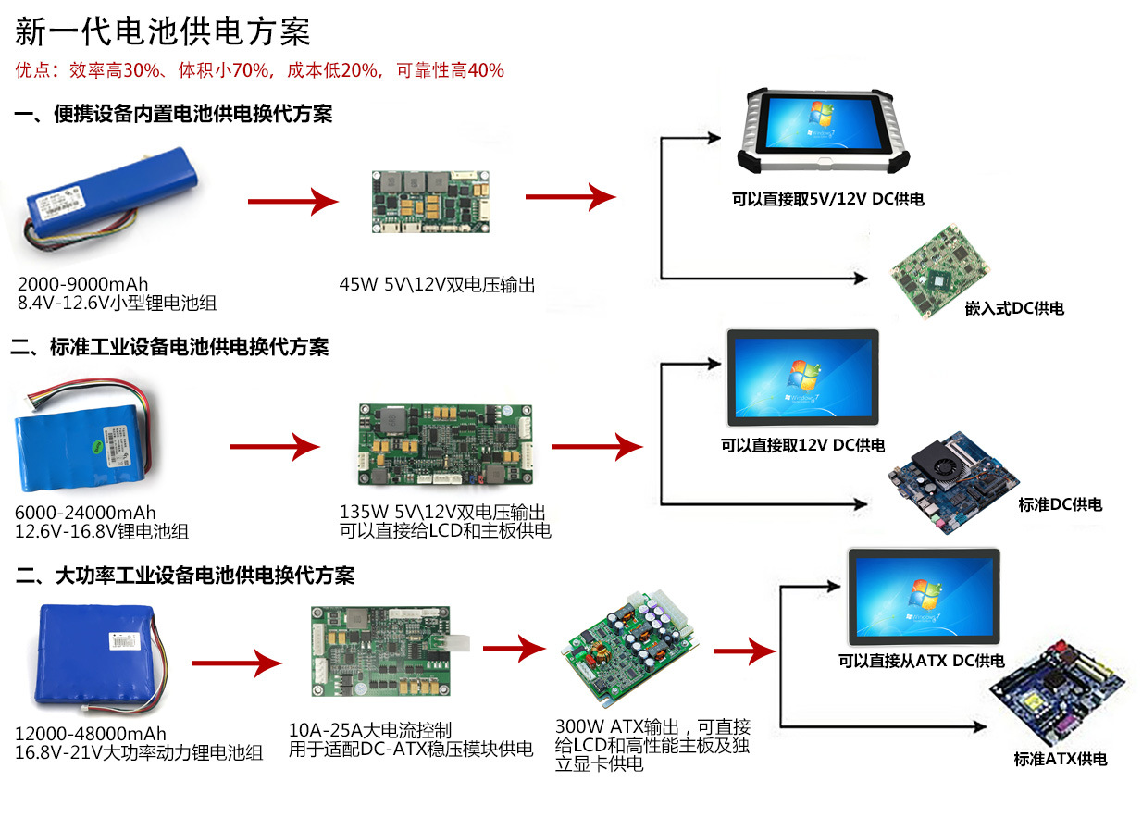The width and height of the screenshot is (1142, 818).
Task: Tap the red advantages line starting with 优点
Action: pos(260,70)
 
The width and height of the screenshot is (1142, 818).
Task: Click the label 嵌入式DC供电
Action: pos(1014,308)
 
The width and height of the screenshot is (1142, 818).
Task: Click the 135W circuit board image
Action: pos(442,447)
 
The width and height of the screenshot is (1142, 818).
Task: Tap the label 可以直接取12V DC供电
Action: pos(802,445)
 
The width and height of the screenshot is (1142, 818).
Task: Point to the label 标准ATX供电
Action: pos(1060,759)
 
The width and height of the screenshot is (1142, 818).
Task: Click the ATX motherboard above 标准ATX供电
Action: pos(1057,701)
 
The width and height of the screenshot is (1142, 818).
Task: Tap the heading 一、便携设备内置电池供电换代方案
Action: pos(173,115)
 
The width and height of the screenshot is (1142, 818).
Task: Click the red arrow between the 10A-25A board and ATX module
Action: pos(515,648)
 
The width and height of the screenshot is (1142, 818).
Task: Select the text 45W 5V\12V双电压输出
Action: pos(437,285)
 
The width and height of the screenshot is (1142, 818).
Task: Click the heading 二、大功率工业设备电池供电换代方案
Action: pos(185,576)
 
